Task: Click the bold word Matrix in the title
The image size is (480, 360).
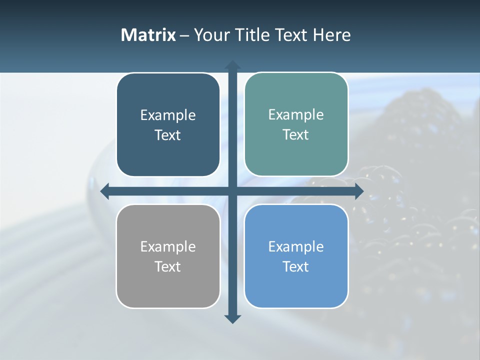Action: [148, 35]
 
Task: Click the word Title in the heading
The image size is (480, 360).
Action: [252, 35]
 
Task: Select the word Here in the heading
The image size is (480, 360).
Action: [331, 35]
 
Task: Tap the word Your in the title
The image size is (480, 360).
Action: [212, 35]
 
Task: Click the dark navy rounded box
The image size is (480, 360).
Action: [168, 155]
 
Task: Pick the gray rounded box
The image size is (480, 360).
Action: [168, 287]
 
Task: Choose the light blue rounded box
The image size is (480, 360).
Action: [296, 287]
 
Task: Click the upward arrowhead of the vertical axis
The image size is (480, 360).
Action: [232, 65]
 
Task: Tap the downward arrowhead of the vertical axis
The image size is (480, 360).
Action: [232, 318]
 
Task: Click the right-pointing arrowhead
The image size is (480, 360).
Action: [358, 191]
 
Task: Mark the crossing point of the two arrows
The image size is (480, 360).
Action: [232, 191]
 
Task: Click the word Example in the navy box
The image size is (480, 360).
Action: [168, 115]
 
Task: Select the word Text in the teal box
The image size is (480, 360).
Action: [296, 134]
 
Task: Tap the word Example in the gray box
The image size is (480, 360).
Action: [168, 246]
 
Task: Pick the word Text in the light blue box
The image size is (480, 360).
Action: [296, 266]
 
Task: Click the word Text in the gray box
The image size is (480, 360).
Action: [168, 266]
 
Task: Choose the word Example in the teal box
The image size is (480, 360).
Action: [296, 114]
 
